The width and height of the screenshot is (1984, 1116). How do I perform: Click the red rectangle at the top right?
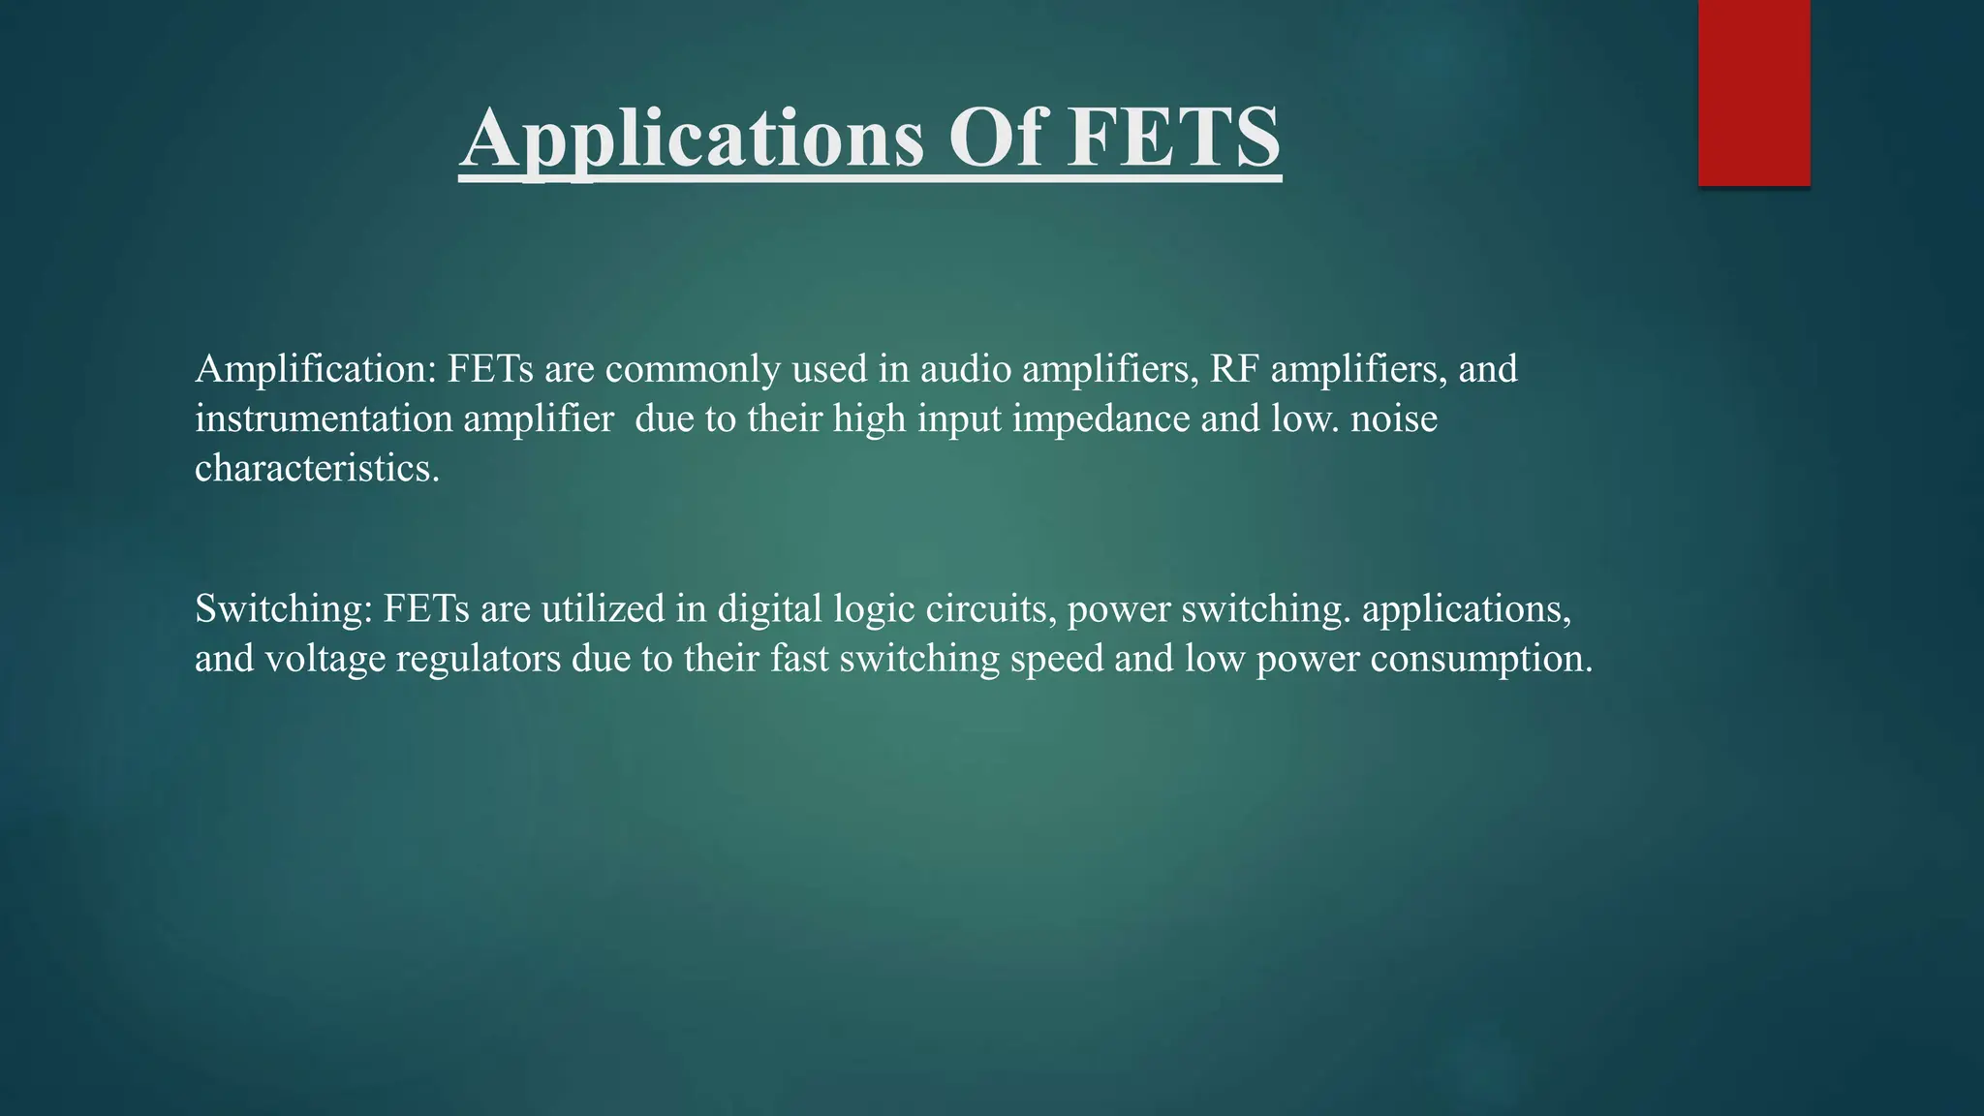pos(1753,92)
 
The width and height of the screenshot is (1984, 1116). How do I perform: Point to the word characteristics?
pos(317,469)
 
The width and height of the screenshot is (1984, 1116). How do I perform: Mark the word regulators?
pos(478,660)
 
